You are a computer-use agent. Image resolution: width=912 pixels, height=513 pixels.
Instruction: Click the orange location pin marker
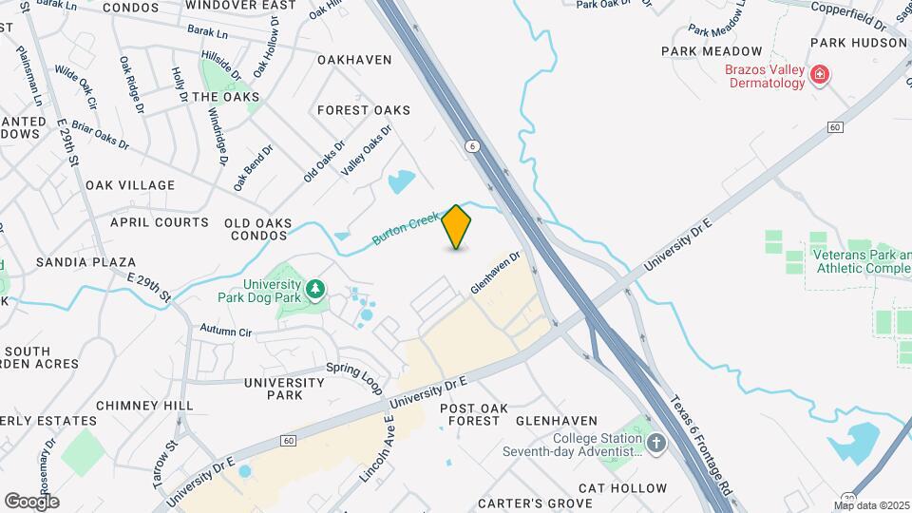pos(457,227)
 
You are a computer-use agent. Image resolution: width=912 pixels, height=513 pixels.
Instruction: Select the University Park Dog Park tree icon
pos(314,288)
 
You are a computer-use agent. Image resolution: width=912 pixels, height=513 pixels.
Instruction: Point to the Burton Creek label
pos(406,228)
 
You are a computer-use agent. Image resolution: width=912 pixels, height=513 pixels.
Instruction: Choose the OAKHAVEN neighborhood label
pos(354,60)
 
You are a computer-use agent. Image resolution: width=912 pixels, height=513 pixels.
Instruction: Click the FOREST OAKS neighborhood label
pos(364,110)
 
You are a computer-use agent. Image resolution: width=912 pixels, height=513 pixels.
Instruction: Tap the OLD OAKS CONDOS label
pos(257,229)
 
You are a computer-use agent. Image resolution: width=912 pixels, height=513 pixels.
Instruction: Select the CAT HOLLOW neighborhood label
pos(622,488)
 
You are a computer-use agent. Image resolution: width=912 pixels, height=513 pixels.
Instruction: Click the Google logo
pos(31,501)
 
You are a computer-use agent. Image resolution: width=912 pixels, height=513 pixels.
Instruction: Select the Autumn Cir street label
pos(225,332)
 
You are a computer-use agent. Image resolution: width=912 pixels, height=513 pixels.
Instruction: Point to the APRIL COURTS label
pos(160,222)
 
